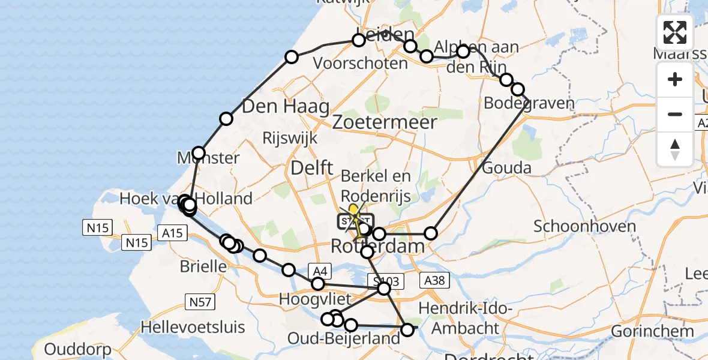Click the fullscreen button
click(x=675, y=32)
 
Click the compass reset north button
click(x=675, y=149)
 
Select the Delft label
click(x=311, y=169)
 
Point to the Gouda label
click(x=507, y=167)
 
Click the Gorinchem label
click(x=652, y=331)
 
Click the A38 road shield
click(x=435, y=280)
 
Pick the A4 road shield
click(x=318, y=271)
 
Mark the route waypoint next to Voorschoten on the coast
click(x=292, y=57)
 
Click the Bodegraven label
click(x=529, y=103)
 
